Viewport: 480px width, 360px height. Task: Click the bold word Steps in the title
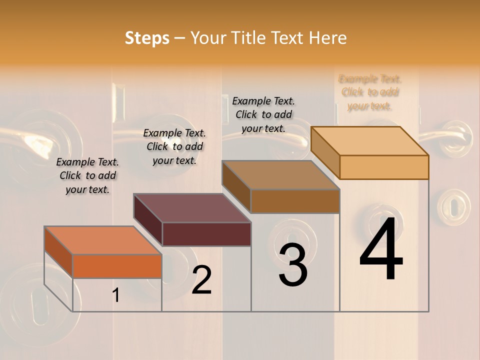tap(147, 38)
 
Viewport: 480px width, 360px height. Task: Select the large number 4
tap(381, 249)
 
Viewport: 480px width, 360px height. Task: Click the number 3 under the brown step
tap(293, 265)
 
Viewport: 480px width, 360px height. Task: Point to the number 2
tap(201, 280)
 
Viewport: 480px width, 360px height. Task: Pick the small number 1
tap(116, 295)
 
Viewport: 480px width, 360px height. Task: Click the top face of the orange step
tap(103, 240)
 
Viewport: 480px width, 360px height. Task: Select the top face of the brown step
tap(281, 175)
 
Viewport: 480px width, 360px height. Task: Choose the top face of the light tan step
tap(370, 141)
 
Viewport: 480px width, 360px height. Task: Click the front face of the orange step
tap(117, 266)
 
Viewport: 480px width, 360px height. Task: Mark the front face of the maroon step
tap(206, 234)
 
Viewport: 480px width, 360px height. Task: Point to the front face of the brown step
tap(295, 201)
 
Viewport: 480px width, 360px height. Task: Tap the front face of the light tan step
tap(384, 167)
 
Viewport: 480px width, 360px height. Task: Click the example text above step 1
tap(87, 176)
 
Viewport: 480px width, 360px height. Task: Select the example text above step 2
tap(174, 147)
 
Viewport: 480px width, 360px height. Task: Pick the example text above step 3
tap(263, 114)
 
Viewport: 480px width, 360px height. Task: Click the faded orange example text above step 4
tap(370, 92)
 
